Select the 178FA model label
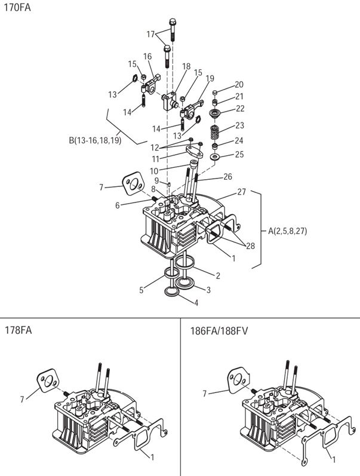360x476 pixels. coord(18,330)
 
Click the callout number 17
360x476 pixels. coord(150,34)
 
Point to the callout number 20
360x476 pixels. coord(239,85)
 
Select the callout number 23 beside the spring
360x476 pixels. coord(239,126)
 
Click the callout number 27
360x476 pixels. coord(242,192)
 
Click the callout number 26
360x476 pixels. coord(227,177)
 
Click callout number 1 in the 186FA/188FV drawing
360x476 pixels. coord(334,460)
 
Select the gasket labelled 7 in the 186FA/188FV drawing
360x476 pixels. coord(238,381)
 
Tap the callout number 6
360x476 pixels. coord(117,205)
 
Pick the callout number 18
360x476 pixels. coord(186,66)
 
